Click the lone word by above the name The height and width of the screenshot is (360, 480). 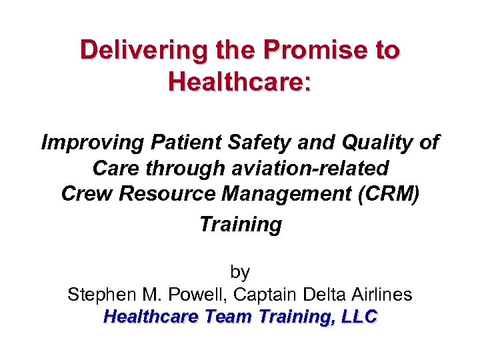pyautogui.click(x=240, y=272)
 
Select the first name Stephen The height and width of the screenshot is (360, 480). pyautogui.click(x=101, y=295)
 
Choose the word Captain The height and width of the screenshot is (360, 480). pyautogui.click(x=267, y=295)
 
